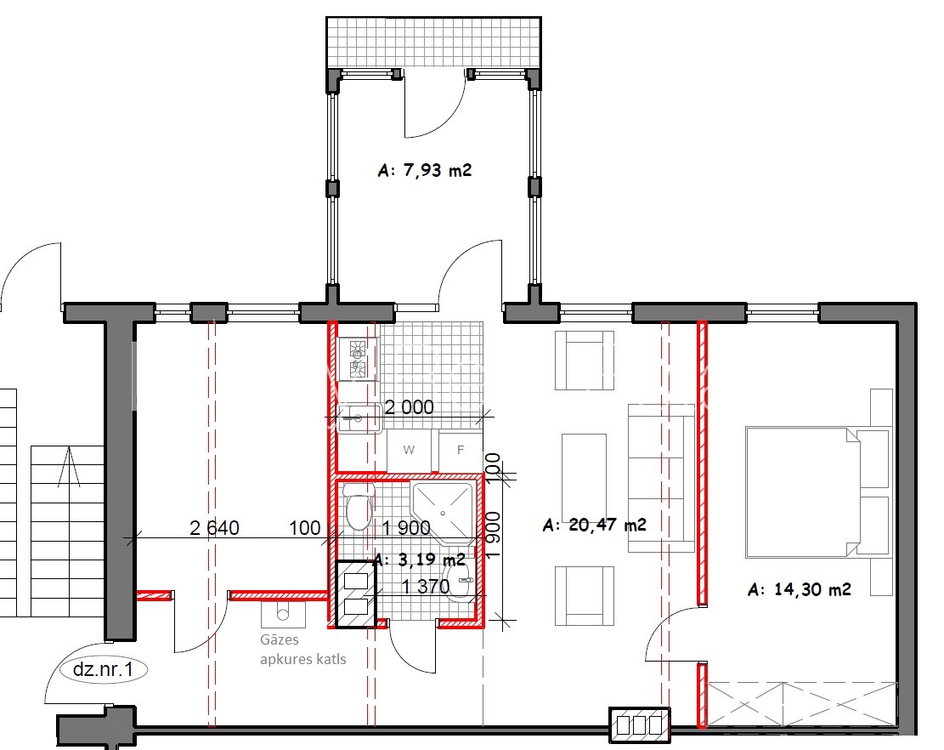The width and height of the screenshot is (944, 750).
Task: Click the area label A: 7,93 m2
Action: click(x=425, y=170)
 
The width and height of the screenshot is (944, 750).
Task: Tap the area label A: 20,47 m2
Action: click(x=594, y=525)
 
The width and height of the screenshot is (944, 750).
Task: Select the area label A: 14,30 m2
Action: click(x=800, y=589)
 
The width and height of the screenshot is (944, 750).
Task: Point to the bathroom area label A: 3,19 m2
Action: click(x=420, y=560)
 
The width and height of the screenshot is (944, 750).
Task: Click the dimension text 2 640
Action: click(x=214, y=528)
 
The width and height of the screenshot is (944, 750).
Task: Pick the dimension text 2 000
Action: click(x=409, y=408)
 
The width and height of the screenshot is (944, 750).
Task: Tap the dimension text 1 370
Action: click(x=425, y=586)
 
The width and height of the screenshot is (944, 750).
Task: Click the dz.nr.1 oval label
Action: click(x=102, y=669)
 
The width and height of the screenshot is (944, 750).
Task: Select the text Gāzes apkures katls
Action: click(x=302, y=650)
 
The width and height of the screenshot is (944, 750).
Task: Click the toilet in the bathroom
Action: click(x=359, y=506)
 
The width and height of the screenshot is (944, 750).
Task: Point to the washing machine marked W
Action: click(x=409, y=450)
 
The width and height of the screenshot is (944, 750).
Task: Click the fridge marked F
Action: click(x=461, y=450)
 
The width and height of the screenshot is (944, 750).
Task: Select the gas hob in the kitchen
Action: click(x=358, y=359)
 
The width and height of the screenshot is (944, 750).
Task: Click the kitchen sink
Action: click(x=359, y=418)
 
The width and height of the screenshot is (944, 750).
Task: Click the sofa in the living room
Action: click(x=661, y=478)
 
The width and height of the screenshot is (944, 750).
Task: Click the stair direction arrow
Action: click(x=69, y=467)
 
